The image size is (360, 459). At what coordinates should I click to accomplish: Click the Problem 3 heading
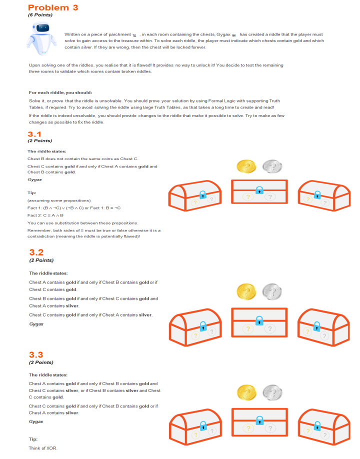(x=53, y=7)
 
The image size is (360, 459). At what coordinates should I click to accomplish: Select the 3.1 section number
(x=34, y=134)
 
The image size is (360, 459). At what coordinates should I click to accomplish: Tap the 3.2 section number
(x=36, y=252)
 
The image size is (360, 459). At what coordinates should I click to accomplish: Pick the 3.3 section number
(x=36, y=354)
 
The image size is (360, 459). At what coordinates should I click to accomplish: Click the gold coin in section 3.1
(x=246, y=166)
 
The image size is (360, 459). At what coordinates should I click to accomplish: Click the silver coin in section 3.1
(x=272, y=166)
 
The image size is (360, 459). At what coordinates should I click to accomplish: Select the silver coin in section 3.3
(x=272, y=392)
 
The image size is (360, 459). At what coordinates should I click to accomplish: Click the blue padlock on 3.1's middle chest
(x=259, y=190)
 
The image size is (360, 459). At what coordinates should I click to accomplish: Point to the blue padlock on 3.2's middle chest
(x=259, y=320)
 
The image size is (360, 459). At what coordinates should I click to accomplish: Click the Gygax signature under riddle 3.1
(x=34, y=178)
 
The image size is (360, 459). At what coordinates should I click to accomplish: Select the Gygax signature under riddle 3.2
(x=36, y=324)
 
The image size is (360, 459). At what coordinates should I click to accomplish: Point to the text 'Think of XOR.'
(x=43, y=448)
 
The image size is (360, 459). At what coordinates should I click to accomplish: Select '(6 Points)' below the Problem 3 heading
(x=40, y=15)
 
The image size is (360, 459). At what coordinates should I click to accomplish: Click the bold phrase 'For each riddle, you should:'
(x=60, y=92)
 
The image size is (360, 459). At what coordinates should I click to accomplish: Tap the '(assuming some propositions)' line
(x=52, y=200)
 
